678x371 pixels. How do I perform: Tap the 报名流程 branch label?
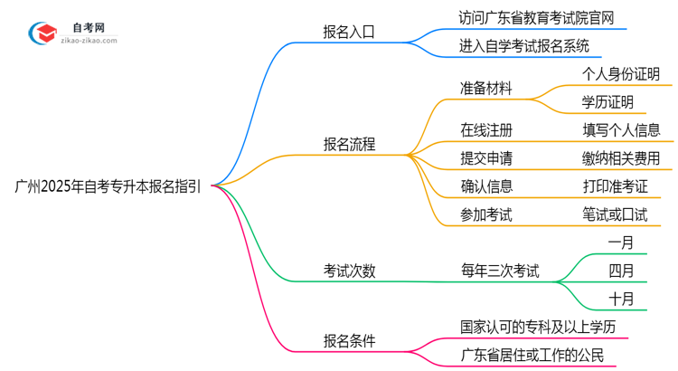coord(349,145)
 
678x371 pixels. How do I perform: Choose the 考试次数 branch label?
coord(349,270)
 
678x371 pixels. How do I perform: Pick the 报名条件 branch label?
coord(349,341)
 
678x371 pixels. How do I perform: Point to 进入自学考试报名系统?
coord(524,44)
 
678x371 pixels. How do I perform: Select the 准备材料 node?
coord(486,89)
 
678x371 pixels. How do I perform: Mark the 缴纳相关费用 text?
coord(621,158)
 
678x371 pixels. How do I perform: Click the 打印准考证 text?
coord(615,186)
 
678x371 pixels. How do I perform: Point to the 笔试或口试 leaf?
coord(615,214)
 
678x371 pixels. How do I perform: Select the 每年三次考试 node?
coord(500,270)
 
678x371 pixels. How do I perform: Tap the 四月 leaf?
coord(621,270)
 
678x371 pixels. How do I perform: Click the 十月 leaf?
coord(621,298)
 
